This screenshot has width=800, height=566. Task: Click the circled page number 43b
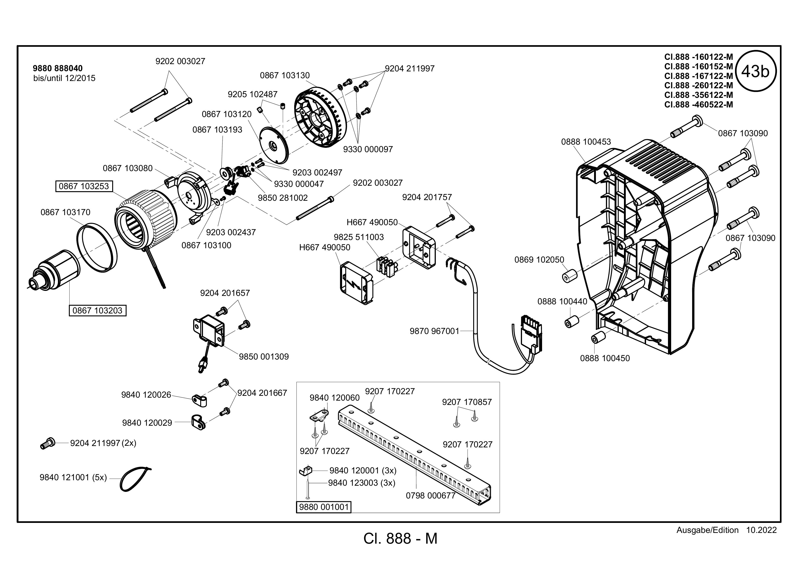coord(755,71)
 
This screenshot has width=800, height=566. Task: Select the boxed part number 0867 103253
coord(84,186)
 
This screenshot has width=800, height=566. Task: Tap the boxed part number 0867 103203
coord(98,310)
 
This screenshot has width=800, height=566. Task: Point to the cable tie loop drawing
coord(135,479)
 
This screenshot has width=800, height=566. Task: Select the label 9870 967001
coord(434,331)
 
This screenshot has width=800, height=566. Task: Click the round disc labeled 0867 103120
coord(275,144)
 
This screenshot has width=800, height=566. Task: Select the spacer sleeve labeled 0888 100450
coord(597,338)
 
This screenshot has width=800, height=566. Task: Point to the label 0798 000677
coord(431,496)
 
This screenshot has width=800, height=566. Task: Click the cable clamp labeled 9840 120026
coord(199,401)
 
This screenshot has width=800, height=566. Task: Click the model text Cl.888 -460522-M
coord(699,104)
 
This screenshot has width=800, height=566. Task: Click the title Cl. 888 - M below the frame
coord(400,538)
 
